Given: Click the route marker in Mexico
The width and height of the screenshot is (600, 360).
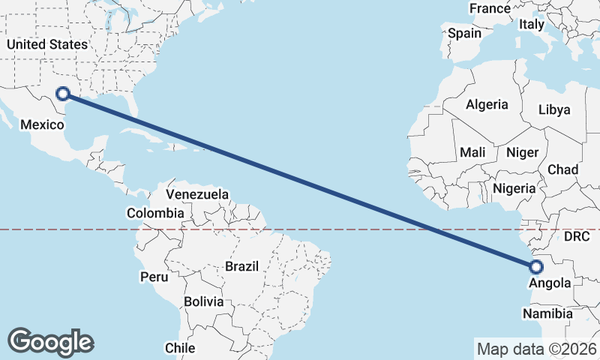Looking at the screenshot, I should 63,94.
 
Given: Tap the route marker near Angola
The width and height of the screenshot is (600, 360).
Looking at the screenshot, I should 536,267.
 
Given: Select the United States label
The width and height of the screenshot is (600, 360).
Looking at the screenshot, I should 47,44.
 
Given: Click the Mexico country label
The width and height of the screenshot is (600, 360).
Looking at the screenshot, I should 42,124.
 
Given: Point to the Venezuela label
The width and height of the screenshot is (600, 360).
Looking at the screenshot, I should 197,194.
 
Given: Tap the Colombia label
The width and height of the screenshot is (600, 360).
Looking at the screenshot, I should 154,213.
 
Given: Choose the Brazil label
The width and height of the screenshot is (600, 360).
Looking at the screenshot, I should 241,266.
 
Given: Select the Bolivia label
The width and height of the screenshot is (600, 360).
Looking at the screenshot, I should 205,301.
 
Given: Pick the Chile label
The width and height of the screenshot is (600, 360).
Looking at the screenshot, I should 180,348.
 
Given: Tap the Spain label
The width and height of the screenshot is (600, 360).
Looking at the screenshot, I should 464,33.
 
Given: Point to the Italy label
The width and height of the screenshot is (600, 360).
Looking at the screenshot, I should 531,25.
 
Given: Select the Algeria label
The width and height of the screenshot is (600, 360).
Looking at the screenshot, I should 487,105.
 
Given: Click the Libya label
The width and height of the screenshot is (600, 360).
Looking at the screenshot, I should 554,109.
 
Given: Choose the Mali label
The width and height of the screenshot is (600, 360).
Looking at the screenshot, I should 472,152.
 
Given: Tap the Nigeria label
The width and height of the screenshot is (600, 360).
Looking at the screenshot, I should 514,188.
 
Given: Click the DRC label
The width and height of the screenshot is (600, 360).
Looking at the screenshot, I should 577,236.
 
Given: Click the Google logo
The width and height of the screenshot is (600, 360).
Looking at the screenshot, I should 50,342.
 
